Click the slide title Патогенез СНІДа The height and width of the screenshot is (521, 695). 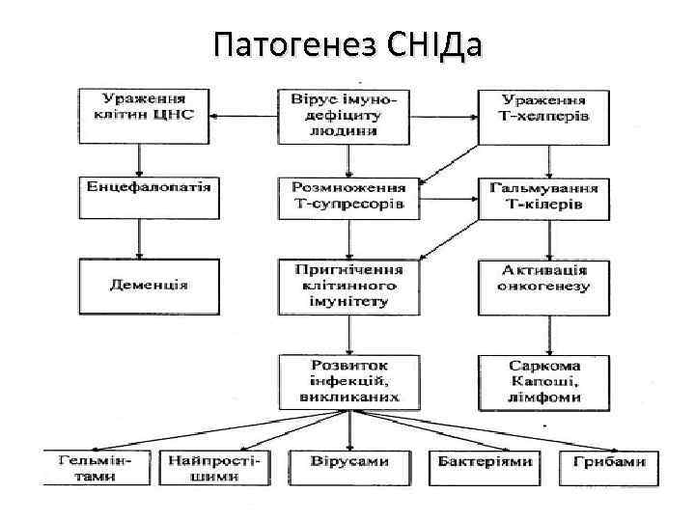click(347, 43)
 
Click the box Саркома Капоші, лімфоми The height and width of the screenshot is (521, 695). click(544, 381)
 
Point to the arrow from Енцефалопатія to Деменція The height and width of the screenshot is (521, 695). click(141, 237)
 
